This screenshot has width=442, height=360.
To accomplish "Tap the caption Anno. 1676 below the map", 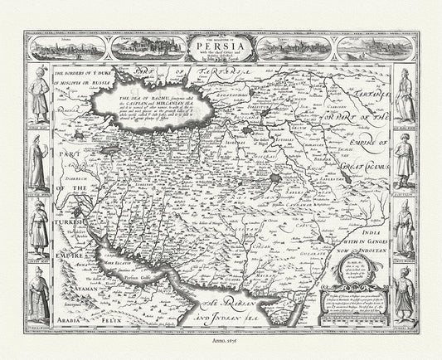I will pos(221,351).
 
